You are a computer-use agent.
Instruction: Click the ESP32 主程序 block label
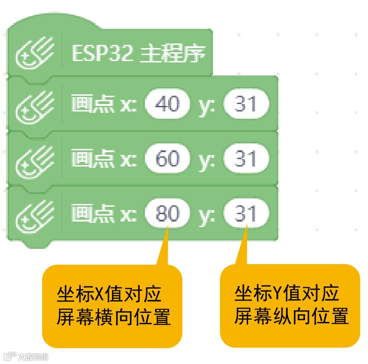point(138,55)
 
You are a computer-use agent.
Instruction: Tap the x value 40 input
point(168,104)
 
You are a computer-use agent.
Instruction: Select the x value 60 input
point(168,159)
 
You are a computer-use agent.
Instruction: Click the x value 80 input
point(168,214)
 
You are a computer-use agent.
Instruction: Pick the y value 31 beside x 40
point(246,104)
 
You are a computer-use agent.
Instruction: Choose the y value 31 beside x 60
point(246,159)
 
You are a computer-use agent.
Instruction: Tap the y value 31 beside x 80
point(246,214)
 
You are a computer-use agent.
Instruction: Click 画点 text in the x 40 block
point(93,104)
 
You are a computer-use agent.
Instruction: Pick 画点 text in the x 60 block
point(93,159)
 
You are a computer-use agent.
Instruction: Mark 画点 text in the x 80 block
point(93,214)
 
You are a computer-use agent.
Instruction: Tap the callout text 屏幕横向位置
point(114,317)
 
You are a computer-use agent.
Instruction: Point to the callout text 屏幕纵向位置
point(291,317)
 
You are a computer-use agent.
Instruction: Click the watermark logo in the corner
point(25,357)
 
